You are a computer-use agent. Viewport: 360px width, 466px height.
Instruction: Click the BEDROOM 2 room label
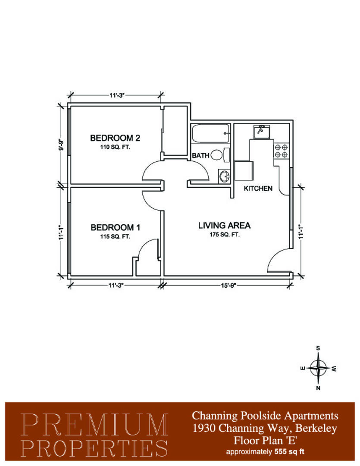coord(115,138)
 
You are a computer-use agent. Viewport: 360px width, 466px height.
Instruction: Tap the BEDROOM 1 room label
coord(115,227)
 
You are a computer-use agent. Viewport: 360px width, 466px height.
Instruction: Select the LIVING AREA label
coord(224,226)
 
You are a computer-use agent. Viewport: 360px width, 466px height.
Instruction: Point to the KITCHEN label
coord(258,189)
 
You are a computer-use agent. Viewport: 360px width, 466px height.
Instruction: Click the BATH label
coord(200,155)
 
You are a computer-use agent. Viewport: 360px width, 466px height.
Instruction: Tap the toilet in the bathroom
coord(220,155)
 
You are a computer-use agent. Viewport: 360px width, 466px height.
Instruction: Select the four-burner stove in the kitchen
coord(281,151)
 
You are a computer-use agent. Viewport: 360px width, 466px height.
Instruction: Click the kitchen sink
coord(261,131)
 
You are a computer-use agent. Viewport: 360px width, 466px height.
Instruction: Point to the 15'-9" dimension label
coord(228,286)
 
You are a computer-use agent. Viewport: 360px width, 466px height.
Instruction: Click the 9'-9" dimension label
coord(61,145)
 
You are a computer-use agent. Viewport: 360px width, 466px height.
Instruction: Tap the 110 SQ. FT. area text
coord(115,147)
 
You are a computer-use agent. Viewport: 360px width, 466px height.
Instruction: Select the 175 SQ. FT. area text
coord(224,234)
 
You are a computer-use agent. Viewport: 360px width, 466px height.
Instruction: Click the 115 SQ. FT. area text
coord(115,236)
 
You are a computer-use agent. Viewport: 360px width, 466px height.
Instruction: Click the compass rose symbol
coord(318,368)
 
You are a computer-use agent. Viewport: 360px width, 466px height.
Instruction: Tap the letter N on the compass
coord(318,388)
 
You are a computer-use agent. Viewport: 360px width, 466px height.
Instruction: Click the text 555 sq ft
coord(289,452)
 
